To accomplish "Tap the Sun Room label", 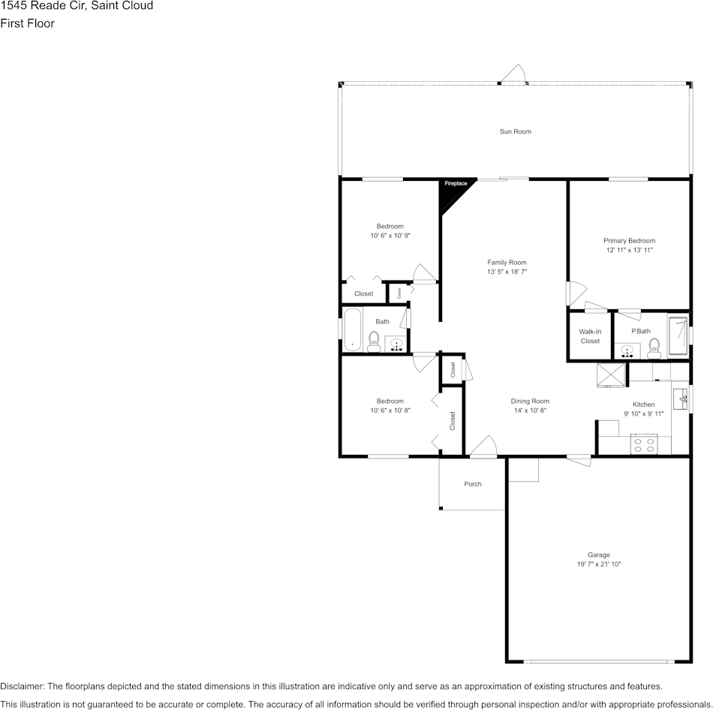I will (515, 131).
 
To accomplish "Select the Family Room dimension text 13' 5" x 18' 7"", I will (507, 272).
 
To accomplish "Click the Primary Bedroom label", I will (629, 241).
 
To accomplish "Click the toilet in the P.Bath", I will (654, 346).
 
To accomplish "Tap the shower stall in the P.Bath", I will (678, 335).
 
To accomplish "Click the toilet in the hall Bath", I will (374, 341).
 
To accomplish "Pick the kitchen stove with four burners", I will (644, 444).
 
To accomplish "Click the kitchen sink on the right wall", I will (681, 397).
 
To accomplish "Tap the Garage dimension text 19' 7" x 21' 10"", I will (598, 564).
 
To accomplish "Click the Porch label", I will (472, 484).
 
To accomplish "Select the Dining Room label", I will (530, 402).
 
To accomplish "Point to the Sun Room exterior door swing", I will (515, 75).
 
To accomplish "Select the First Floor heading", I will (27, 23).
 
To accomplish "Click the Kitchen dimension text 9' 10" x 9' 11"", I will (643, 414).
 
